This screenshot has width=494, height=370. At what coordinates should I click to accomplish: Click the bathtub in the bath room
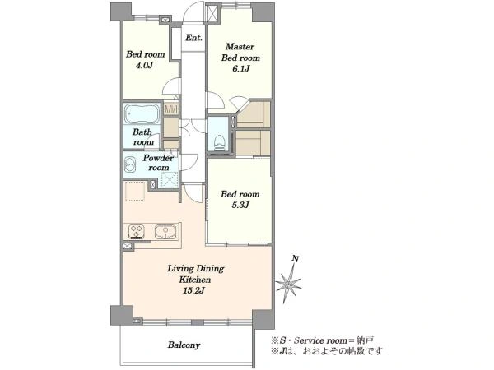pyautogui.click(x=142, y=114)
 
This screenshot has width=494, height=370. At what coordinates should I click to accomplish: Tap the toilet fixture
pyautogui.click(x=219, y=142)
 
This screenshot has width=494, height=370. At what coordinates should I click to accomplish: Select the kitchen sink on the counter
pyautogui.click(x=165, y=232)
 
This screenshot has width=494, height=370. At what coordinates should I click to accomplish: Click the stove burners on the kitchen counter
pyautogui.click(x=137, y=232)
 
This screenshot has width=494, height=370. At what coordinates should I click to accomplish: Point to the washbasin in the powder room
pyautogui.click(x=130, y=164)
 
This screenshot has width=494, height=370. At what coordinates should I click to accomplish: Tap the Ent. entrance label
pyautogui.click(x=193, y=38)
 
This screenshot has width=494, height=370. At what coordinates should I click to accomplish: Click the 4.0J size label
pyautogui.click(x=144, y=66)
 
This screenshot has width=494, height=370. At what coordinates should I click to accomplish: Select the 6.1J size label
pyautogui.click(x=240, y=68)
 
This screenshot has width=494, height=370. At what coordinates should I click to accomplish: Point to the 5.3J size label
pyautogui.click(x=240, y=205)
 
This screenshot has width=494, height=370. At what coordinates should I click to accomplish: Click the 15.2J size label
pyautogui.click(x=194, y=290)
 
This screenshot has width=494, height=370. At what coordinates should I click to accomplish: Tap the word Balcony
pyautogui.click(x=184, y=345)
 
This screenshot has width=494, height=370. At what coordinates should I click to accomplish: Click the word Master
pyautogui.click(x=240, y=47)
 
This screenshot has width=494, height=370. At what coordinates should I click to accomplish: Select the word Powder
pyautogui.click(x=158, y=158)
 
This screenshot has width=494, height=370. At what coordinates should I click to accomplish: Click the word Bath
pyautogui.click(x=142, y=132)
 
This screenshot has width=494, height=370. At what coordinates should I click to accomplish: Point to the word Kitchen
pyautogui.click(x=194, y=280)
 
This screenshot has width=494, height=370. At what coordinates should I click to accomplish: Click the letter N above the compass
pyautogui.click(x=296, y=259)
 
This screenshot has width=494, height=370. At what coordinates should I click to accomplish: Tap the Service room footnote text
pyautogui.click(x=323, y=340)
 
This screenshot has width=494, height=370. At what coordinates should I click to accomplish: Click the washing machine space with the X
pyautogui.click(x=170, y=179)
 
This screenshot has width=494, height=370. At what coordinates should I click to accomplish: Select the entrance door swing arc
pyautogui.click(x=193, y=12)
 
